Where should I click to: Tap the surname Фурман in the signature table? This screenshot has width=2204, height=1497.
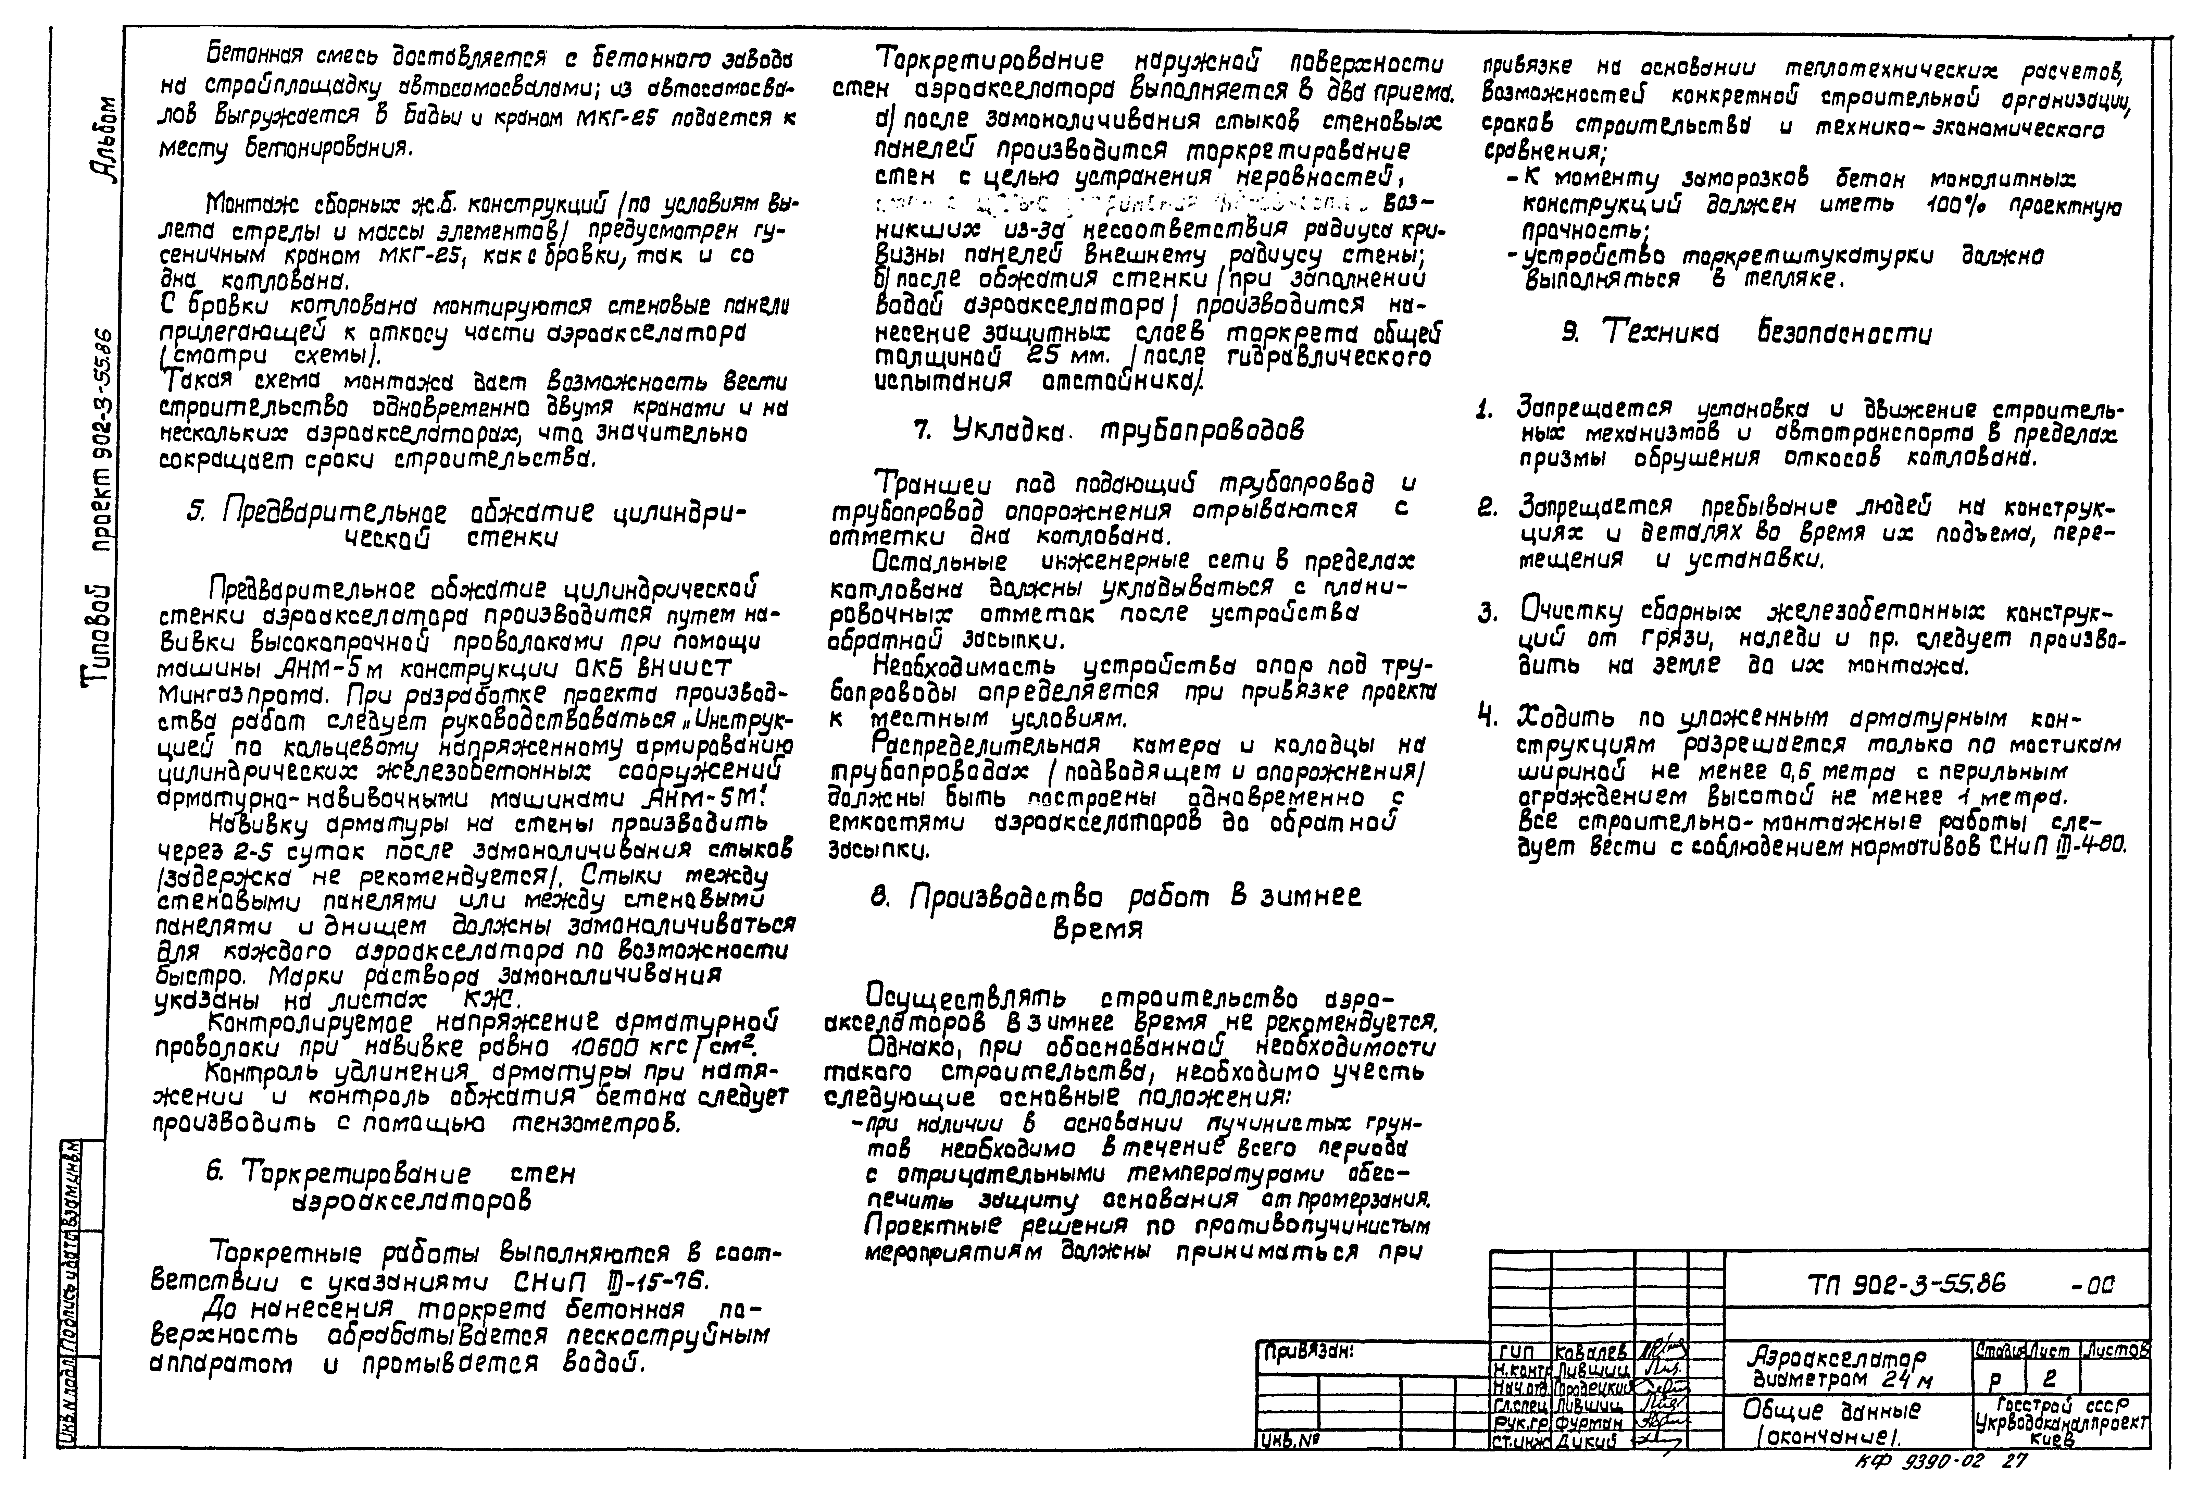coord(1584,1423)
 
